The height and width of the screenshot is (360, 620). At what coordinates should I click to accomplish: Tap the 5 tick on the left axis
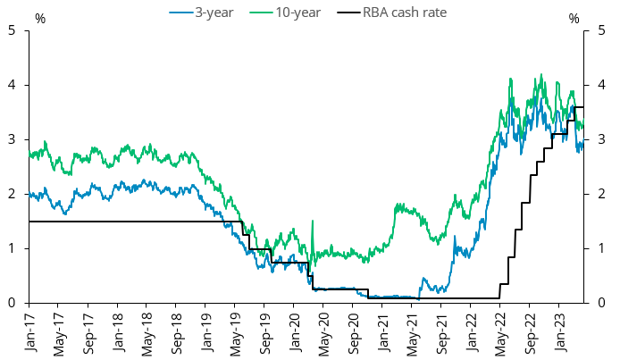coord(13,30)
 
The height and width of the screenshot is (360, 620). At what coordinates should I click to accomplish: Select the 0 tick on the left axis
coord(13,303)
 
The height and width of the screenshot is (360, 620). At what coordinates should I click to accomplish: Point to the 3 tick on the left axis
coord(13,139)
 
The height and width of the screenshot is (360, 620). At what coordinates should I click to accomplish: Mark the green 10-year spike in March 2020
coord(312,222)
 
